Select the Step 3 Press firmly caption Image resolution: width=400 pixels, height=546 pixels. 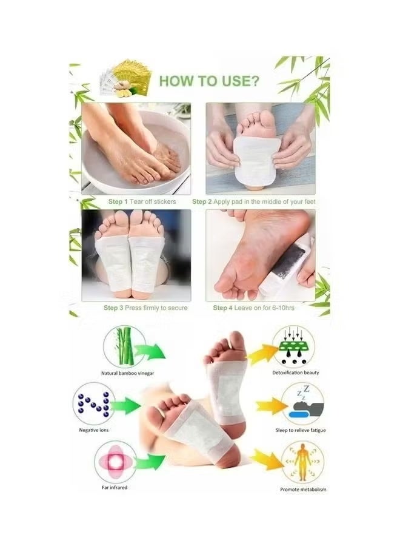tap(145, 308)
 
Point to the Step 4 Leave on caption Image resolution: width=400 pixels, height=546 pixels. tap(253, 308)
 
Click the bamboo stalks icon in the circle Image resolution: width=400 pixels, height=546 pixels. tap(124, 346)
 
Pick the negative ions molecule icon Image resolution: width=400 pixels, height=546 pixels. tap(94, 405)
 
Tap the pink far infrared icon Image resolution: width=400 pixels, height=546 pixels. tap(115, 461)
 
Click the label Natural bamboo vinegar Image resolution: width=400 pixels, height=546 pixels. tap(127, 373)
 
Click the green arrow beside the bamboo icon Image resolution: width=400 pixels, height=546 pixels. tap(150, 352)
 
